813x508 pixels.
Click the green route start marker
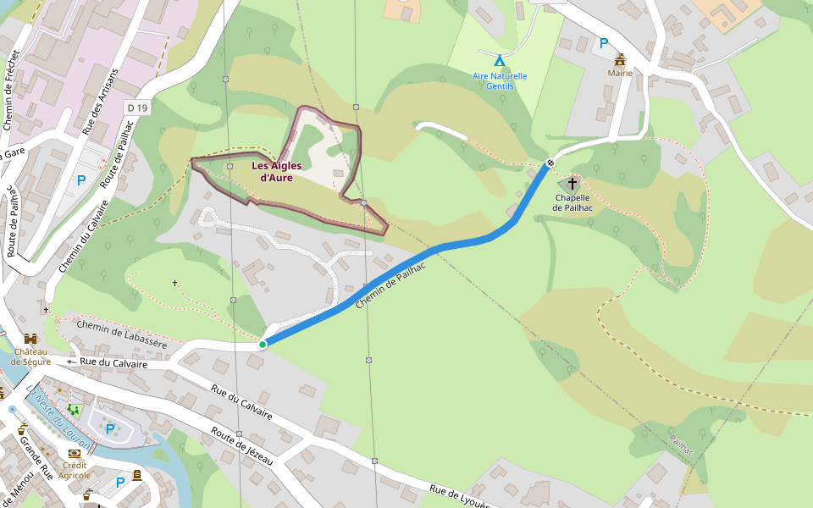point(263,345)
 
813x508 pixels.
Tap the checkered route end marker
point(550,163)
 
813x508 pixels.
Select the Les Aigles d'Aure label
point(277,172)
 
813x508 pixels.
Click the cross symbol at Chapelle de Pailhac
point(572,183)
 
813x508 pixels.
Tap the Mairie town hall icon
point(620,59)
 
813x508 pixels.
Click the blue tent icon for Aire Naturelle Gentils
point(500,61)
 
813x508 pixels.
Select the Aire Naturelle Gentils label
point(500,81)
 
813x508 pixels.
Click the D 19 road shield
point(136,108)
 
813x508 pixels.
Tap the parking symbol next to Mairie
point(604,43)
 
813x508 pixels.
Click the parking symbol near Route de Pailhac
point(81,180)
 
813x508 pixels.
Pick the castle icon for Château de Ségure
point(30,339)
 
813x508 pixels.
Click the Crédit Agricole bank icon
point(75,454)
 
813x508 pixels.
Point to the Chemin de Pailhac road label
point(390,284)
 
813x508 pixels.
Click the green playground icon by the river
point(74,411)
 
